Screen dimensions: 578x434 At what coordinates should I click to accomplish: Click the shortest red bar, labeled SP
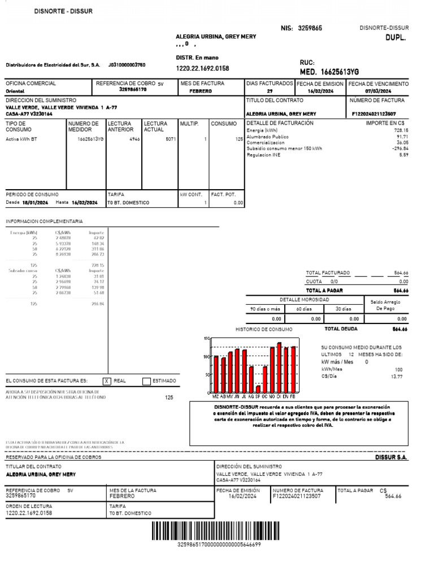tap(258, 388)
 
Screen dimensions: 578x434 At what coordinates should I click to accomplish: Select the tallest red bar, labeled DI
tap(279, 367)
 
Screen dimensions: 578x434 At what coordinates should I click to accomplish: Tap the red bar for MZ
tap(216, 374)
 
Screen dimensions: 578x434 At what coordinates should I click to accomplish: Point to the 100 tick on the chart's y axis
tap(206, 357)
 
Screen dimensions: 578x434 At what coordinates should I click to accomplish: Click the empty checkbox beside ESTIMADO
tap(147, 382)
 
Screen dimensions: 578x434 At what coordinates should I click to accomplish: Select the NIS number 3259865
tap(310, 28)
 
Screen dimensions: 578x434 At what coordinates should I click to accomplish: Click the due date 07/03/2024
tap(378, 91)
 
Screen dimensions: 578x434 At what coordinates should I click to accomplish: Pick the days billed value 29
tap(270, 91)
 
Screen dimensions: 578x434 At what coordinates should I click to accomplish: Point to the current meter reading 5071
tap(171, 138)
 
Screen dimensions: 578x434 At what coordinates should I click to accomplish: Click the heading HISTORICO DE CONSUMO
tap(264, 329)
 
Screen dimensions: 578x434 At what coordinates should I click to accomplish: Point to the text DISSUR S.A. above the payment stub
tap(391, 458)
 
